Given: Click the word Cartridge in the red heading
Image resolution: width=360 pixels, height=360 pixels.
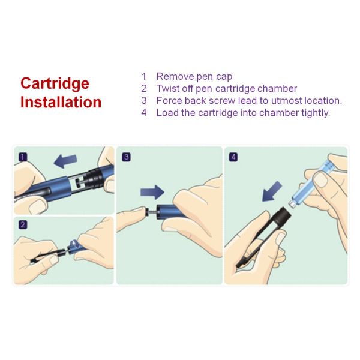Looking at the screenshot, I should [x=55, y=83].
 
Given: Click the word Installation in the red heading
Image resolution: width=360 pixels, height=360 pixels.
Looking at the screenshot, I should [x=61, y=102].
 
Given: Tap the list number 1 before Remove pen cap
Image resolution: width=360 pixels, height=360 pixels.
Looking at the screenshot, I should [x=144, y=76].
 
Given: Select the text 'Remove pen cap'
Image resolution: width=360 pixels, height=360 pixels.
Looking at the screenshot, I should [x=194, y=76].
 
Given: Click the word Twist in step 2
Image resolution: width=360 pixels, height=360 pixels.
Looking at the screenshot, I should [x=168, y=88].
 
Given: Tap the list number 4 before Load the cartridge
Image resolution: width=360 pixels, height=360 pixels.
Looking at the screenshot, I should [x=144, y=112].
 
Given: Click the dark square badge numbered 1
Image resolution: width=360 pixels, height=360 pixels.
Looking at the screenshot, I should [x=23, y=157].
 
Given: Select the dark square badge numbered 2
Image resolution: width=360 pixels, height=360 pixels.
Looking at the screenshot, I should [x=23, y=225].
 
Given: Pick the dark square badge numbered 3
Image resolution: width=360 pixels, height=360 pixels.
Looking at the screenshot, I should [x=126, y=157].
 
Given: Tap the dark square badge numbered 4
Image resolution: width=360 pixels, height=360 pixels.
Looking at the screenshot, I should [x=233, y=157].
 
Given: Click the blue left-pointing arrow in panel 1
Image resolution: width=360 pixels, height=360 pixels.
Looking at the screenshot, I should [x=66, y=161].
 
